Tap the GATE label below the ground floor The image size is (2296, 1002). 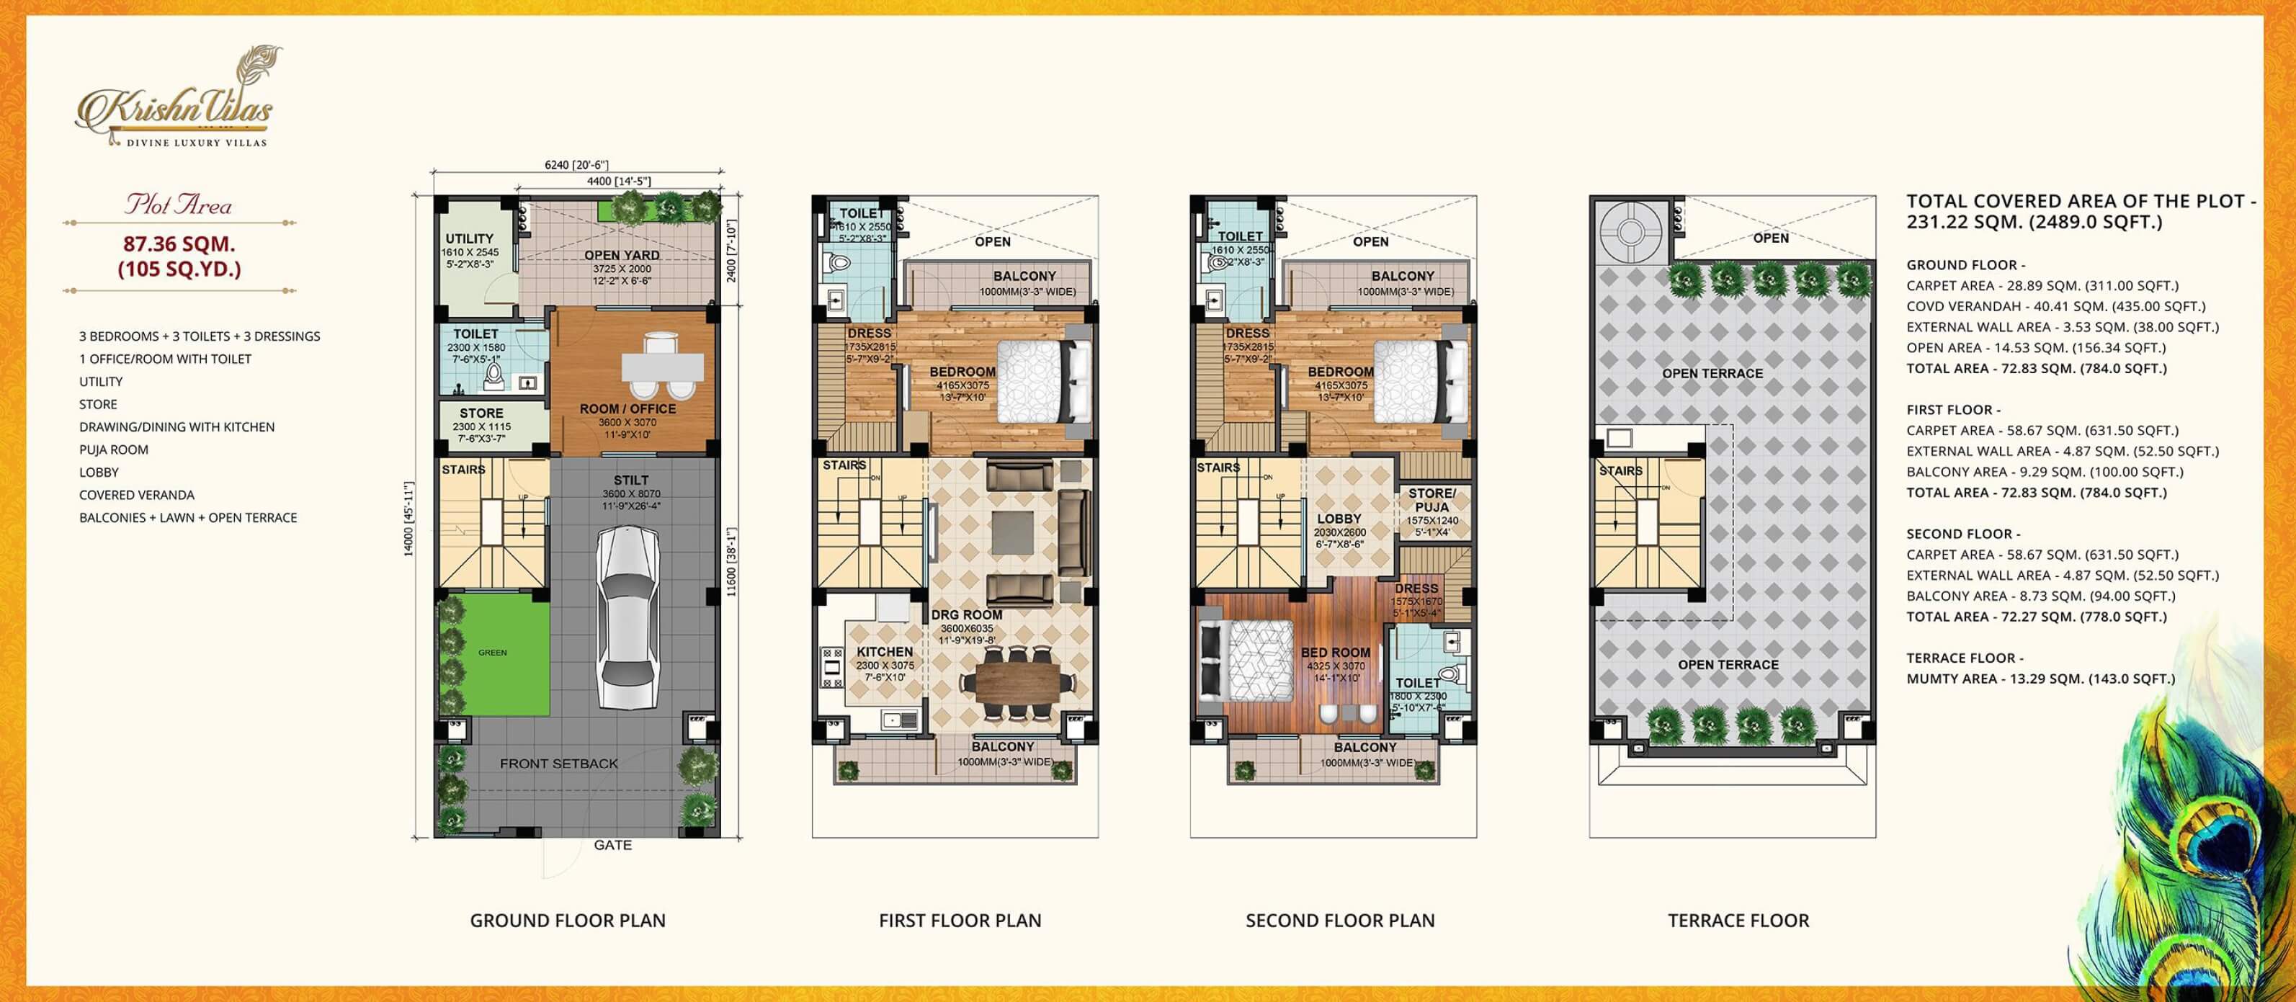point(612,845)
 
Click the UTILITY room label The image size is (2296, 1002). point(470,239)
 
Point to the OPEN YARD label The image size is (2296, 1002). point(621,255)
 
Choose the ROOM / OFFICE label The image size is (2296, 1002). point(627,409)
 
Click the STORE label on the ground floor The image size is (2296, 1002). point(481,413)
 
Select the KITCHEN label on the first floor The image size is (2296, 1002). point(884,652)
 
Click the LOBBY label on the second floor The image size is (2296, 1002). point(1339,519)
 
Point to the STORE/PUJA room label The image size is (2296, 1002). point(1431,500)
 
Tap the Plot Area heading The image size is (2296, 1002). point(178,205)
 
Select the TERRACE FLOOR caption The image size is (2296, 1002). point(1738,920)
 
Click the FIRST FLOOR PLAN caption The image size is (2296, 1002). point(960,920)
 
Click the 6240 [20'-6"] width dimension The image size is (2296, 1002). point(576,165)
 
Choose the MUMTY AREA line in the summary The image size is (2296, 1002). point(2040,679)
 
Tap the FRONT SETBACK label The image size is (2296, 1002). point(559,764)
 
